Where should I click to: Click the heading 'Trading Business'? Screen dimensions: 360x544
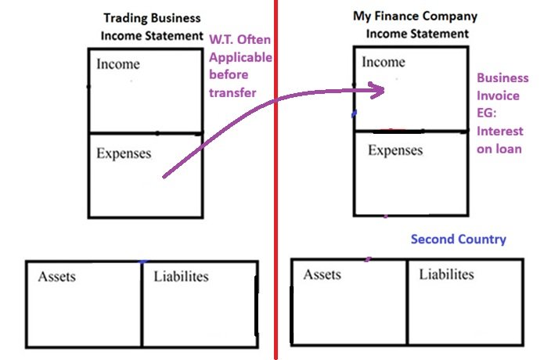(x=152, y=18)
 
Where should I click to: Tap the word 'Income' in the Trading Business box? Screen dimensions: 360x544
(x=117, y=64)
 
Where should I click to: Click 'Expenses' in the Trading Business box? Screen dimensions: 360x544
(x=124, y=153)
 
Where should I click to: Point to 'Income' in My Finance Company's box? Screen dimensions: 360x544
(x=383, y=62)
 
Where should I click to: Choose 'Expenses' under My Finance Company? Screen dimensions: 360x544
(x=395, y=150)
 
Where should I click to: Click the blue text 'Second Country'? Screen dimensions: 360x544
(x=459, y=239)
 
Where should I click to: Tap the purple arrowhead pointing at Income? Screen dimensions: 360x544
(x=376, y=89)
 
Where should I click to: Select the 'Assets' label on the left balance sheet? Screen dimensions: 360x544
(x=57, y=276)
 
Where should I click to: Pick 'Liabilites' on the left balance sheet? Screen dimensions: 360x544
(x=182, y=276)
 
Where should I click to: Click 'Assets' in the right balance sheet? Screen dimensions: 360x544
(x=322, y=275)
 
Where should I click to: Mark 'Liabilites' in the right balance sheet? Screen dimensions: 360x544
(x=446, y=275)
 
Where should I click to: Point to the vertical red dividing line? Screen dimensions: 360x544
(x=276, y=196)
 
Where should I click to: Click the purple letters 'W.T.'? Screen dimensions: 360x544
(x=223, y=40)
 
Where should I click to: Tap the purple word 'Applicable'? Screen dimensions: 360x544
(x=240, y=57)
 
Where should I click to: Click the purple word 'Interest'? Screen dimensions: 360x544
(x=500, y=131)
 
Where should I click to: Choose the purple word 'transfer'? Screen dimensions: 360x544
(x=232, y=92)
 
